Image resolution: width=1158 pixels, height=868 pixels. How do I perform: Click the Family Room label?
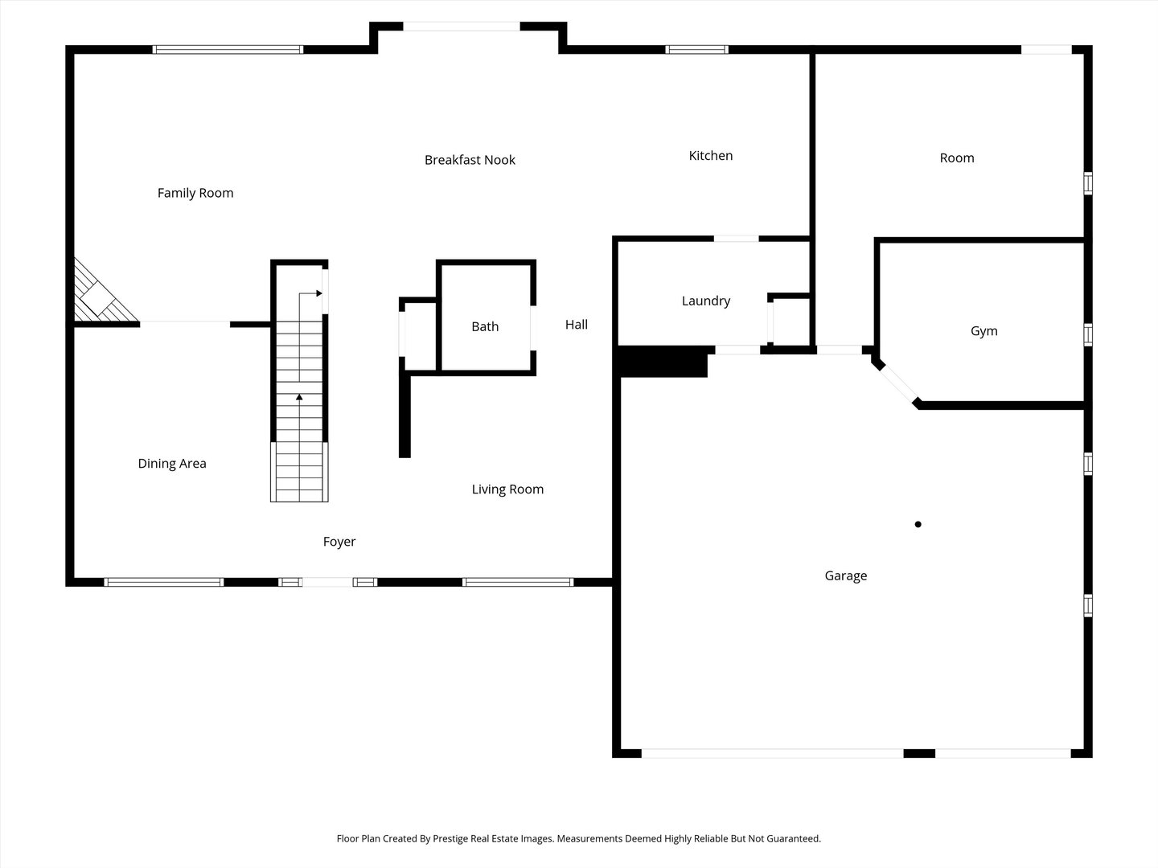(x=195, y=194)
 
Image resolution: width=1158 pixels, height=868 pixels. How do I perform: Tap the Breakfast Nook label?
(x=470, y=160)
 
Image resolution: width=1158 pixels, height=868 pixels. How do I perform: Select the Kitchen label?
(x=711, y=155)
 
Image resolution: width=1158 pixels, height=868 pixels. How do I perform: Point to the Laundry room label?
(x=706, y=301)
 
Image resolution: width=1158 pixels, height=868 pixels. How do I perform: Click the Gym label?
(x=984, y=331)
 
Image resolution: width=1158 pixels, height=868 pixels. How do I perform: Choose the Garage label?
(x=846, y=576)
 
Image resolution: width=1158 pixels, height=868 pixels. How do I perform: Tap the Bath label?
(x=485, y=327)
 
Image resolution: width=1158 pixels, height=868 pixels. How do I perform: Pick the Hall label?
(x=576, y=325)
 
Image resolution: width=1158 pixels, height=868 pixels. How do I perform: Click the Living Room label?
(x=507, y=489)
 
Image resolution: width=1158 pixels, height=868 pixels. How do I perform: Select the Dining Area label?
(x=172, y=464)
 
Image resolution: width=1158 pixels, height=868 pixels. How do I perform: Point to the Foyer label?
(x=339, y=542)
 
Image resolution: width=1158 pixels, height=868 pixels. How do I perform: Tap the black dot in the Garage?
(x=918, y=524)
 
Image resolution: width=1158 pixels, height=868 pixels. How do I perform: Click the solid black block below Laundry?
(x=663, y=362)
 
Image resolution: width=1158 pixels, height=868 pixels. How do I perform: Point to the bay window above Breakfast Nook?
(x=462, y=27)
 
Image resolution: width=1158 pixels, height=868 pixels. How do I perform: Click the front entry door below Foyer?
(x=327, y=582)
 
